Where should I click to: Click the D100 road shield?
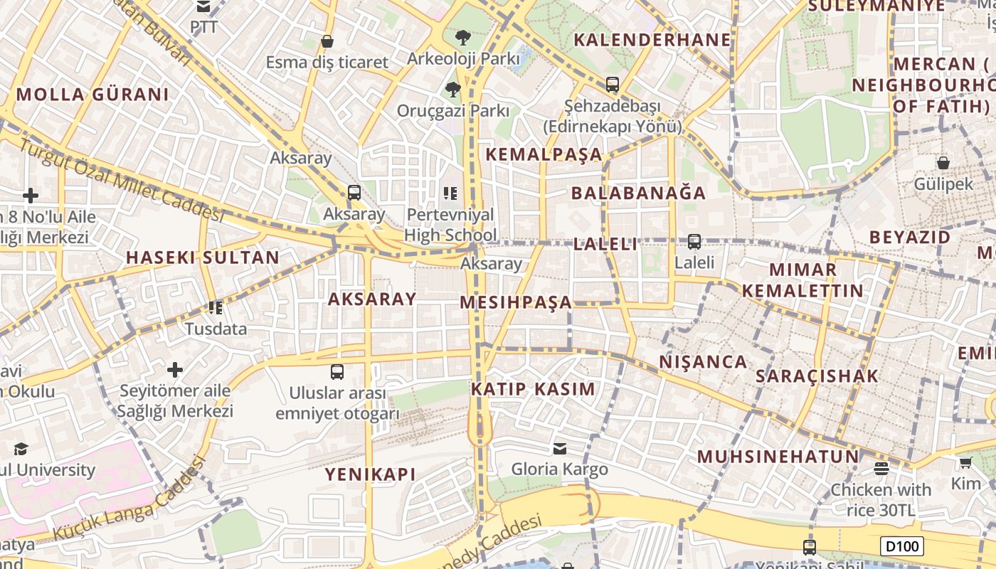pos(902,546)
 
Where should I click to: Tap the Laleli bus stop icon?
pos(694,242)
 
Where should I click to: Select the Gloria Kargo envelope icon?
pos(560,449)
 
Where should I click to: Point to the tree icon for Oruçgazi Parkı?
pos(452,89)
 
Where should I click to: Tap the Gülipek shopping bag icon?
pos(943,164)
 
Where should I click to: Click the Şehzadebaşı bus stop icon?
pos(613,85)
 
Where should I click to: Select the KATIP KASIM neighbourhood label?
pos(533,389)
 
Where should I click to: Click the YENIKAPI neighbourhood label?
pos(370,474)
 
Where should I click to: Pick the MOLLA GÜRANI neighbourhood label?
pos(92,95)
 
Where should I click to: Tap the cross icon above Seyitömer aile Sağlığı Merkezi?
pos(175,370)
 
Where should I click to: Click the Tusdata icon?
pos(216,308)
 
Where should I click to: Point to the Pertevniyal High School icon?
pos(450,193)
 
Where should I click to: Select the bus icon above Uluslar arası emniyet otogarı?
pos(337,372)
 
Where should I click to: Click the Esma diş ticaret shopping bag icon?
pos(327,41)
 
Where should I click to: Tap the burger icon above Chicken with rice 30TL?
pos(881,468)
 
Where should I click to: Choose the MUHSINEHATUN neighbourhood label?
pos(778,457)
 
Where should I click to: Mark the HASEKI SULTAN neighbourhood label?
pos(203,257)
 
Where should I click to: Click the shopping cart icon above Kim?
pos(965,463)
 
